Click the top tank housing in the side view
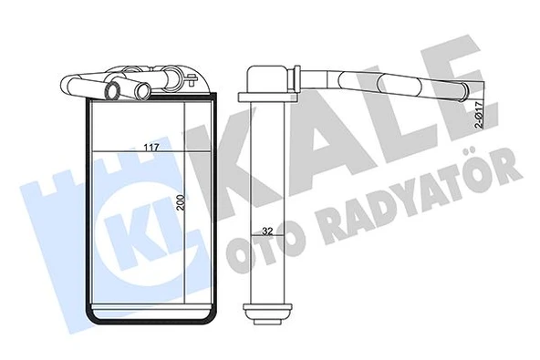[x=264, y=78]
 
